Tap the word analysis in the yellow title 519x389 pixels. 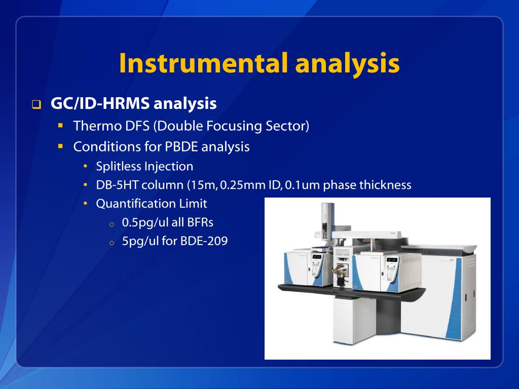[347, 64]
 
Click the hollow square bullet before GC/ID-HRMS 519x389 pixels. [36, 105]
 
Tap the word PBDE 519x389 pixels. [181, 147]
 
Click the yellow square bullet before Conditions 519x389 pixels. [60, 146]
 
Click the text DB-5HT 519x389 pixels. [117, 185]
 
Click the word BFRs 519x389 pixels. [200, 222]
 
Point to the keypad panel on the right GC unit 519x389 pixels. [392, 268]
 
